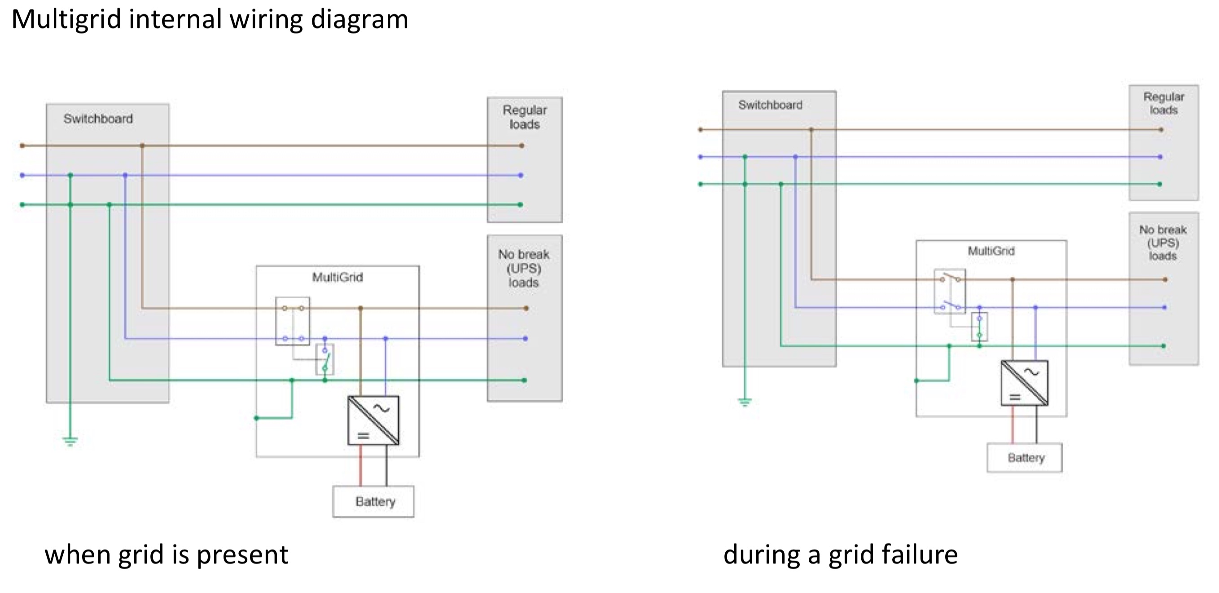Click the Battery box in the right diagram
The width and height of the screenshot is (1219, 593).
pos(1025,457)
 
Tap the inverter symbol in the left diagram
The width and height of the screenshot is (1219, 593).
pos(373,420)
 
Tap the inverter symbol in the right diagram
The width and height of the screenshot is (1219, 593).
pos(1025,383)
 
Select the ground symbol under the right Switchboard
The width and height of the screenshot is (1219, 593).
pos(745,403)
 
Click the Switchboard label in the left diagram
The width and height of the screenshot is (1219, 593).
pos(98,119)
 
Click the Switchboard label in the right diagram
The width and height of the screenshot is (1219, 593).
pos(770,105)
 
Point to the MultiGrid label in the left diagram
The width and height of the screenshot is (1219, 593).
pos(338,277)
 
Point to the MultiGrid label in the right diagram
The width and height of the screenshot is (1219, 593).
pos(991,251)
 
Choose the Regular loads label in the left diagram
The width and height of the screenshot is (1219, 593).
pos(524,117)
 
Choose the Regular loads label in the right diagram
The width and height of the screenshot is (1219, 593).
pos(1164,103)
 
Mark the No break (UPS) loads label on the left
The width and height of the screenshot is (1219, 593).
pos(523,269)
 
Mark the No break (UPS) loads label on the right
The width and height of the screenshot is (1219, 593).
pos(1163,243)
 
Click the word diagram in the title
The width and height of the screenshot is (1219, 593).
pos(359,20)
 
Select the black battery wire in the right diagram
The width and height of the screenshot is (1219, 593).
pos(1037,425)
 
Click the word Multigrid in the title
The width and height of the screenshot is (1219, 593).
pos(66,20)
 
